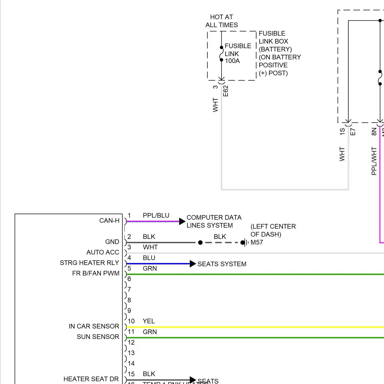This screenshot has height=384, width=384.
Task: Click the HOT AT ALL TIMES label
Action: pos(221,21)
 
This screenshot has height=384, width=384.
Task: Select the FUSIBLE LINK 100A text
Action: pos(238,53)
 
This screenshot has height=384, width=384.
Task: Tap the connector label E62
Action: pos(226,91)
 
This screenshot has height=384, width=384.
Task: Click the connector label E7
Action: pos(353,132)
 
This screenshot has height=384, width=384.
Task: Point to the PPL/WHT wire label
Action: pos(374,161)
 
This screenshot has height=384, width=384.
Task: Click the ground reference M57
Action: pos(257,242)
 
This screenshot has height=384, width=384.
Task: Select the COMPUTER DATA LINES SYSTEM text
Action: pos(214,221)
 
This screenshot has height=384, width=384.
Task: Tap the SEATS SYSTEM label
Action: pos(222,264)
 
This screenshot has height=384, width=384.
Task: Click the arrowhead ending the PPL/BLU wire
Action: pos(182,221)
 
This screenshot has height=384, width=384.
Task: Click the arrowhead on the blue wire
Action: pos(193,264)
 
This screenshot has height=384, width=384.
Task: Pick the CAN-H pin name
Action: pos(109,220)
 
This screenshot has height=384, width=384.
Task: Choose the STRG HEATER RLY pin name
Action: pos(89,263)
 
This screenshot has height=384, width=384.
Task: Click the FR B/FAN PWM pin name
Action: pos(96,273)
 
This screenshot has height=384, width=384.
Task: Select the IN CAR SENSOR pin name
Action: pos(94,326)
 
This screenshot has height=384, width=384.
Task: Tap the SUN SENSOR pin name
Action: pos(98,337)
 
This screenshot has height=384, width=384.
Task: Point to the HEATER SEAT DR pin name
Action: pos(91,379)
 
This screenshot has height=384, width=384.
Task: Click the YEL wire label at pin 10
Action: pos(149,321)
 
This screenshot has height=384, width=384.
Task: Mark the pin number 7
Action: pos(129,289)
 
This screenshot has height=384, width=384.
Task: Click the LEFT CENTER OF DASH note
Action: pos(273,230)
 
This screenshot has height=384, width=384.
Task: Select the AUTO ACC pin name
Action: pos(103,252)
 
